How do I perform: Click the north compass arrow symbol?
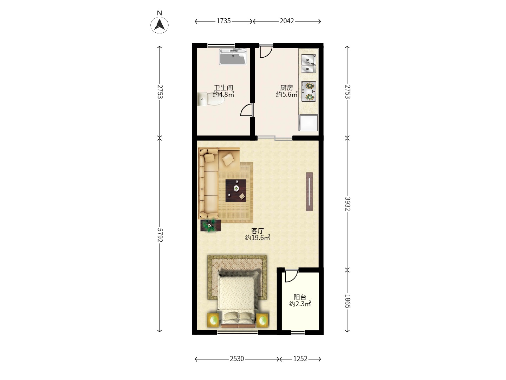[x=159, y=25]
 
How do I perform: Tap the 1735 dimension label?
[x=223, y=21]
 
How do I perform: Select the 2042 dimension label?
[x=287, y=21]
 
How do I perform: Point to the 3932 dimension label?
[x=348, y=204]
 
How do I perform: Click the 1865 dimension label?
[x=348, y=301]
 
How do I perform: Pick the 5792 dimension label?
[x=160, y=235]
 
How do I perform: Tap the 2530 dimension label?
[x=237, y=359]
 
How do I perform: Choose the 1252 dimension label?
[x=300, y=359]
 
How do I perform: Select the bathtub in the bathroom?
[x=233, y=57]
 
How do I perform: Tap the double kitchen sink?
[x=309, y=63]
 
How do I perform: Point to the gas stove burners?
[x=309, y=91]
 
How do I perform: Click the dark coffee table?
[x=235, y=191]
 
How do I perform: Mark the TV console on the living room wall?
[x=309, y=192]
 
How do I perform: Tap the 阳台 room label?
[x=300, y=297]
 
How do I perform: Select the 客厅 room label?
[x=258, y=231]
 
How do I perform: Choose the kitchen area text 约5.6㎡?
[x=287, y=94]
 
